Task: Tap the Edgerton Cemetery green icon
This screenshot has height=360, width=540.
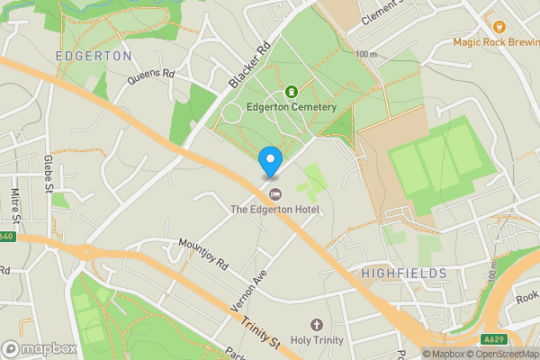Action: click(x=292, y=91)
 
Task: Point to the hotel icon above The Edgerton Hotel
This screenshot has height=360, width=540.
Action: click(x=275, y=194)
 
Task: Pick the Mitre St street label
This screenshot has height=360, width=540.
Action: click(x=14, y=208)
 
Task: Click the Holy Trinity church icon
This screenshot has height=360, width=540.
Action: click(x=316, y=325)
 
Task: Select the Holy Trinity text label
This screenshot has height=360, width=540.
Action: click(x=316, y=341)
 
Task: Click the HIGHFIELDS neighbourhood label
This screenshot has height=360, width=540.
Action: click(x=403, y=273)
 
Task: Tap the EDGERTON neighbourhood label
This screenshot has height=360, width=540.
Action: click(x=94, y=56)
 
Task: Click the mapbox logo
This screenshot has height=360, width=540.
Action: click(x=40, y=348)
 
